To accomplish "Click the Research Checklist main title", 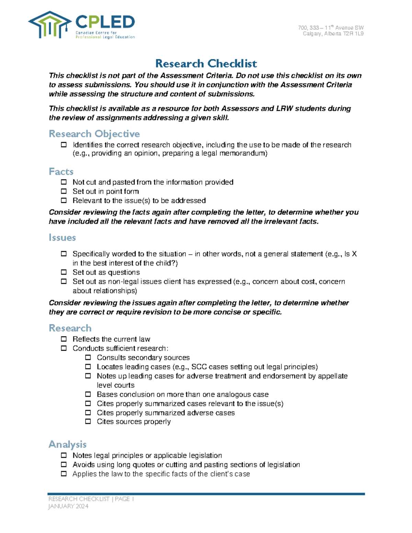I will (x=206, y=64).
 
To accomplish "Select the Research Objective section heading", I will (x=94, y=134).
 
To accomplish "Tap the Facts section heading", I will (x=61, y=171).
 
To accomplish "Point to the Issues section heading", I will (x=62, y=237).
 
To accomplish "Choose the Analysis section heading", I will (x=67, y=444).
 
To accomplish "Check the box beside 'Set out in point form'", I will (x=64, y=191).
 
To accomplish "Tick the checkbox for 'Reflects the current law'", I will (x=64, y=339).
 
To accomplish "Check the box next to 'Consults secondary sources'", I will (x=88, y=357).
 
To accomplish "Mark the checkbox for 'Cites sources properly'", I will (x=88, y=421).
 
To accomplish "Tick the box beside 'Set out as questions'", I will (x=64, y=272).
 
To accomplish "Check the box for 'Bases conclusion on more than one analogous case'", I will (x=88, y=394).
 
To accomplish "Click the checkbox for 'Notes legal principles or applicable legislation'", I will (x=64, y=455).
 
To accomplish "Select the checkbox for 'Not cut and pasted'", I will (x=64, y=182).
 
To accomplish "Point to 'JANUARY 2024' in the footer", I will (x=68, y=506).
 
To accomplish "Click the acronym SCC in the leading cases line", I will (x=199, y=367).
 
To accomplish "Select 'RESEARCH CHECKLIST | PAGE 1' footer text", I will (x=91, y=499).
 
